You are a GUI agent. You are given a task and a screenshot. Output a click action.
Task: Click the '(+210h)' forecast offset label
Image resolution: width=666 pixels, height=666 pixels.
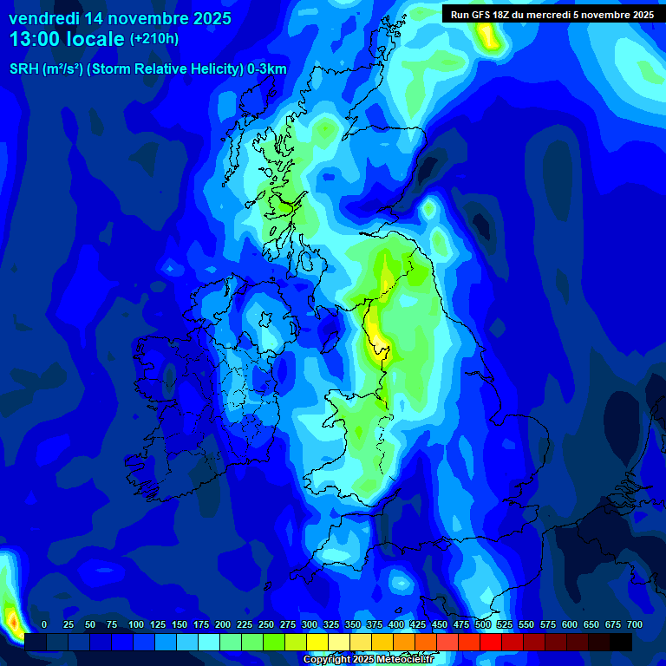(x=154, y=39)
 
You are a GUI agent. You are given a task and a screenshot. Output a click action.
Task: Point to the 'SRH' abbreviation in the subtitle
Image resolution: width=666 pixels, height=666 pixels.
(x=24, y=69)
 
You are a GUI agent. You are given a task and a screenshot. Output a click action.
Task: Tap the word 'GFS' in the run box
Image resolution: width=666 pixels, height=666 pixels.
(x=482, y=14)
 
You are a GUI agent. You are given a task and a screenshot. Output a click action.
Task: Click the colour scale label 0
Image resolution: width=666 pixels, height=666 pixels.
(x=44, y=625)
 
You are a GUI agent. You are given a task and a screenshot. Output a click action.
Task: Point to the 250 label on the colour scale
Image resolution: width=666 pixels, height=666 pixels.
(x=266, y=625)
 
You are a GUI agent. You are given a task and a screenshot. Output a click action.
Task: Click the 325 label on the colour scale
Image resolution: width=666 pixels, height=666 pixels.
(x=331, y=625)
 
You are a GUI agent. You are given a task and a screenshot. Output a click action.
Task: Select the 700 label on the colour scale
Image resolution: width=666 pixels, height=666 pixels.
(x=635, y=625)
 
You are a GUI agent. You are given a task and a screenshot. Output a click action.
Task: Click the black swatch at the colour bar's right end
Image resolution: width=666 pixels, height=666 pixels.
(x=621, y=642)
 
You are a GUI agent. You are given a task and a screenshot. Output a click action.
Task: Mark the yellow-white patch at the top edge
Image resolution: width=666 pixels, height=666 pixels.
(x=487, y=35)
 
